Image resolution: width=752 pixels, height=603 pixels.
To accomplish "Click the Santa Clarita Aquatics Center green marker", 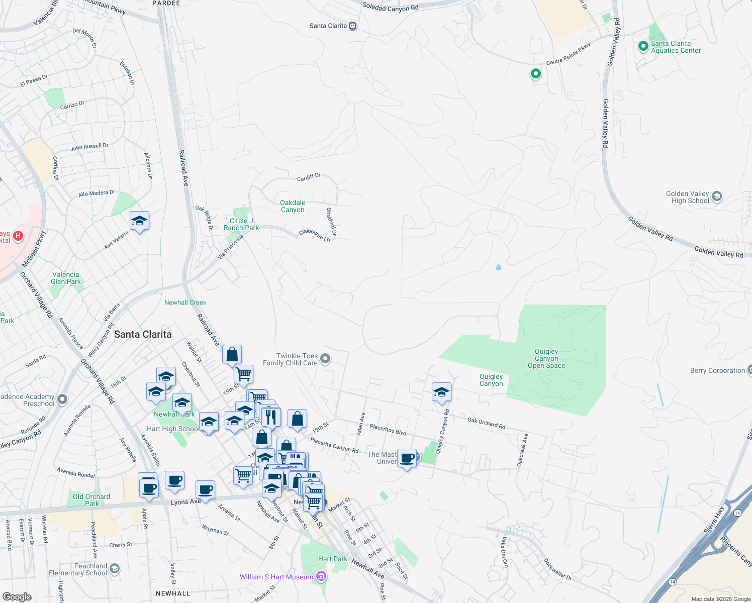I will pos(643,46).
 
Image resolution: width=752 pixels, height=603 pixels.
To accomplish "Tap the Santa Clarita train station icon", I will pos(353,26).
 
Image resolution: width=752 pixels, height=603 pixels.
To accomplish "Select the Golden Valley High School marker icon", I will pos(717,196).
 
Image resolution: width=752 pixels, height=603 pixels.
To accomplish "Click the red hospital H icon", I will pos(18,236).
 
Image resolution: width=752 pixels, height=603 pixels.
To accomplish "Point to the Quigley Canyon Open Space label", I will pos(546,358).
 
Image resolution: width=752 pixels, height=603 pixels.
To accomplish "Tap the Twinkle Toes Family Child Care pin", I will pos(325,359).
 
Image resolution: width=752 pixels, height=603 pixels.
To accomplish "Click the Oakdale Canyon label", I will pos(293,206).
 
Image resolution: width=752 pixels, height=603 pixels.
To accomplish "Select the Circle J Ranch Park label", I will pos(241,224).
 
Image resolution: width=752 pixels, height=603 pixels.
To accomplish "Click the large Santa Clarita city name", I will pos(143,334).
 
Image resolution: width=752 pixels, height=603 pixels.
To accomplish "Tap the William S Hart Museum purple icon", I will pos(321,577).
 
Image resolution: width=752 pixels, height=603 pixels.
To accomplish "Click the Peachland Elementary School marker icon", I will pos(115,569).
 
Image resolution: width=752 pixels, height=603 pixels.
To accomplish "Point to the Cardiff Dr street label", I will pos(309,177).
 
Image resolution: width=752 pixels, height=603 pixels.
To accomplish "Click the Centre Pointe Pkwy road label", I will pos(569,54).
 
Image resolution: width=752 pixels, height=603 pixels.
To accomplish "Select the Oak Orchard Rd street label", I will pos(486,423).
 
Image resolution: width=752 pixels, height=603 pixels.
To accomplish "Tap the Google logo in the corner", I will pos(17,596).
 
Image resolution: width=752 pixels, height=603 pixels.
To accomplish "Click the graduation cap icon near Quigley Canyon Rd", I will pos(441,392).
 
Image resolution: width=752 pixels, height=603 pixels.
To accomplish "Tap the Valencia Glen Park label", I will pos(66,278).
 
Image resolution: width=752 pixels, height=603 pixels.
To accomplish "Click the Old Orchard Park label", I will pos(91,500).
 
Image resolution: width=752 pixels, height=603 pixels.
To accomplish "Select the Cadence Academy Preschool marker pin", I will pos(62,399).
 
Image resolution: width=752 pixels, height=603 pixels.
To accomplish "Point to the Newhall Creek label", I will pos(185,303).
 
